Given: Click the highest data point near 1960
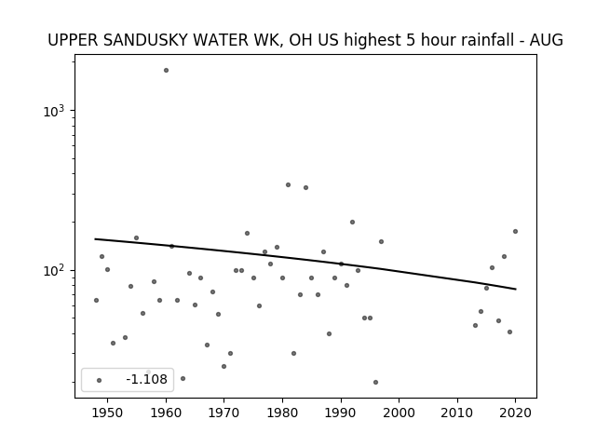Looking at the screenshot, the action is click(166, 71).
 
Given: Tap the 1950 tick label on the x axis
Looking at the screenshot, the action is click(108, 413).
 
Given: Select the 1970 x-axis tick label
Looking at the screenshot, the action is click(224, 413).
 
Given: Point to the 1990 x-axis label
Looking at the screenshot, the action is click(341, 413).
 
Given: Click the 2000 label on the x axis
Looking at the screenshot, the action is click(400, 413).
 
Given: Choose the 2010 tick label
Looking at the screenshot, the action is click(457, 413).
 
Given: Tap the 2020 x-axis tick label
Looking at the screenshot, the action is click(515, 413).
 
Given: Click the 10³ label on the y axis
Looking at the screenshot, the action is click(54, 111).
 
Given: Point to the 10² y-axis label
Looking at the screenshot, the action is click(54, 270).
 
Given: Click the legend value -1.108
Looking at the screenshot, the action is click(146, 379).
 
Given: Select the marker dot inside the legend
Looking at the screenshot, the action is click(100, 380).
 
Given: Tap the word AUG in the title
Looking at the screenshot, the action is click(547, 40).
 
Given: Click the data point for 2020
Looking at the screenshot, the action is click(515, 232).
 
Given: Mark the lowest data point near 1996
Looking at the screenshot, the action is click(375, 383).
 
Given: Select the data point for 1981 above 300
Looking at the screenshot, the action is click(288, 185).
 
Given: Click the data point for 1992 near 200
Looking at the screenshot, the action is click(352, 222).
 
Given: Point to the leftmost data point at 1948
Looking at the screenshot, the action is click(96, 300).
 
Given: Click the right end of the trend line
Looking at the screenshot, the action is click(516, 290).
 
